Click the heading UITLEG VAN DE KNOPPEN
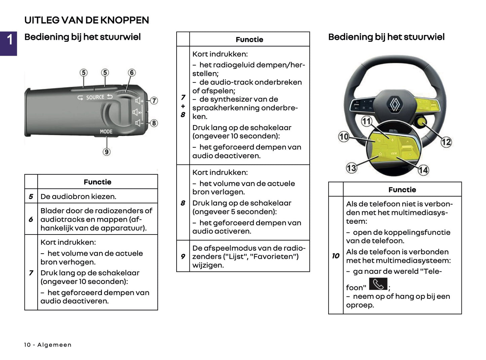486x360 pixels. (86, 20)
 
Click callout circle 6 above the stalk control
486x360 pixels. (132, 73)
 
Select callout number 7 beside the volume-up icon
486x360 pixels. (154, 101)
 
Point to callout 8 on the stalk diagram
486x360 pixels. (154, 123)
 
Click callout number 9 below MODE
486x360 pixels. (107, 152)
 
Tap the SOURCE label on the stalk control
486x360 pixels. (95, 97)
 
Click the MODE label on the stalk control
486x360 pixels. (106, 132)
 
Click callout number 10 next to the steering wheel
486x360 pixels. (344, 137)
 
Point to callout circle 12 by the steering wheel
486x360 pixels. (446, 142)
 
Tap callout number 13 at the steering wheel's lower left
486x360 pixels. (351, 168)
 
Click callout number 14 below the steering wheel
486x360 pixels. (423, 170)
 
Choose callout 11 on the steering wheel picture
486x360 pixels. (366, 121)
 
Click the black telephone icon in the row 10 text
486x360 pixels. (378, 284)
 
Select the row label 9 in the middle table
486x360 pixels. (183, 256)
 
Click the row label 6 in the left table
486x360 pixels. (31, 219)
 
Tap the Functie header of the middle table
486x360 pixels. (249, 40)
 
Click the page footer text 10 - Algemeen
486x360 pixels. (48, 345)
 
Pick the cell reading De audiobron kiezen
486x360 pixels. (78, 196)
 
